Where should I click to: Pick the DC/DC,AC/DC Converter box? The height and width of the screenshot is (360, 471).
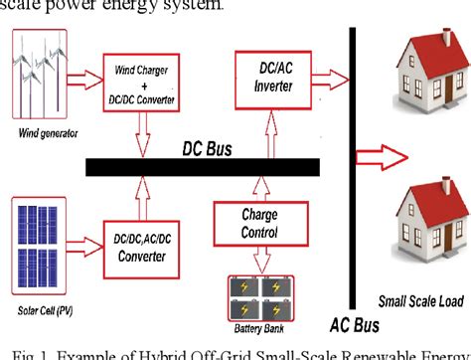click(142, 245)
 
